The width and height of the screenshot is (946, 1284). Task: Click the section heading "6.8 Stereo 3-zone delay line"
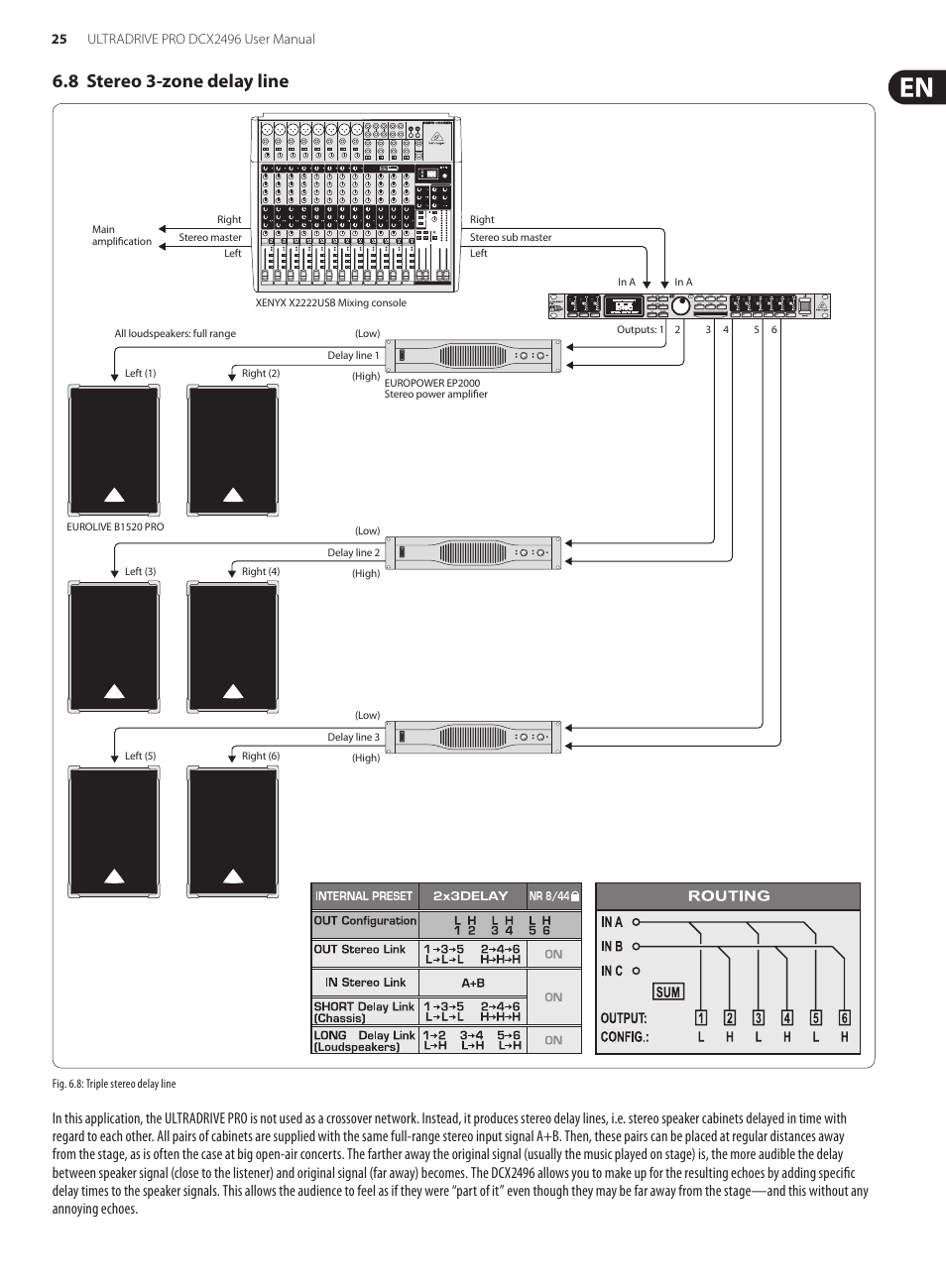[171, 81]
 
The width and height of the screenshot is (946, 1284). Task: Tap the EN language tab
[916, 87]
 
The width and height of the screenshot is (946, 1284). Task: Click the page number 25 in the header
[59, 39]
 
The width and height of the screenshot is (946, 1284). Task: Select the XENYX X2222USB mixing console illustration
[357, 203]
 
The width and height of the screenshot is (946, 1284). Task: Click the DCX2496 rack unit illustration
[689, 306]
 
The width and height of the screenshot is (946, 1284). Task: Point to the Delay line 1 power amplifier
[474, 355]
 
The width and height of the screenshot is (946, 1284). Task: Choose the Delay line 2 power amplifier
[474, 552]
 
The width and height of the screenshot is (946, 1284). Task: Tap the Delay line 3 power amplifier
[474, 737]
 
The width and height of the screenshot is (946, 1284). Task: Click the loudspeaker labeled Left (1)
[114, 451]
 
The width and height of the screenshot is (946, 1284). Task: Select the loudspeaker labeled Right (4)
[233, 646]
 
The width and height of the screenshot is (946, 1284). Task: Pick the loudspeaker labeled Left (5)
[114, 832]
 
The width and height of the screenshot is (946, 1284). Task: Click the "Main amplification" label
[121, 235]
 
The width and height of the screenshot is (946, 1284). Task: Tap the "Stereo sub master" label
[511, 237]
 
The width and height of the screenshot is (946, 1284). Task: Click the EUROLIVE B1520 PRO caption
[115, 526]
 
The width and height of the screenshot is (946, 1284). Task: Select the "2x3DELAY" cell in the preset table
[470, 895]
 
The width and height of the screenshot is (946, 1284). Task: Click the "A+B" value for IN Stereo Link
[473, 983]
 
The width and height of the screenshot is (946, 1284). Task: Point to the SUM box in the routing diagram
[667, 992]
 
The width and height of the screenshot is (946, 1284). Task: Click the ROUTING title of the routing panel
[728, 895]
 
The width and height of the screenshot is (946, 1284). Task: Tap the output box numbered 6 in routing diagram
[844, 1017]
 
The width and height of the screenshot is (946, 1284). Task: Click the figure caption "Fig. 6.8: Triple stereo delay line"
[114, 1084]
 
